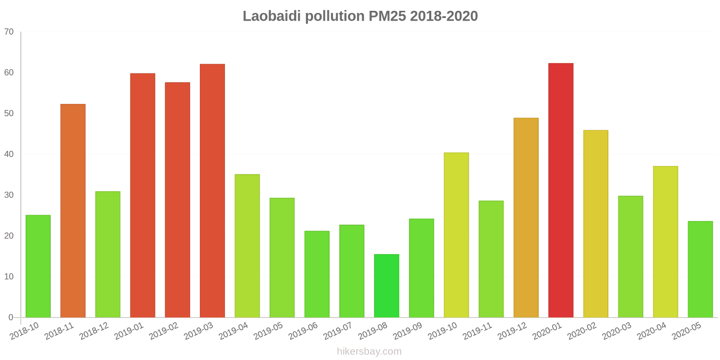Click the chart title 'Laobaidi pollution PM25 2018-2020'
click(x=360, y=16)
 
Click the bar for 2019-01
click(x=143, y=195)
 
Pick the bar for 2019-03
click(x=212, y=191)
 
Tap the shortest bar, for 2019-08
click(x=387, y=286)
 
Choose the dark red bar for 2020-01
click(x=561, y=190)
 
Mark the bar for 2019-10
click(x=456, y=235)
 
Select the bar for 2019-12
click(x=526, y=218)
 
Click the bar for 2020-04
click(x=665, y=242)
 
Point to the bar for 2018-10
click(x=38, y=266)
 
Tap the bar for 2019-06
click(x=317, y=274)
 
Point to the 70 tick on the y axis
click(x=9, y=32)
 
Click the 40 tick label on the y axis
click(x=9, y=154)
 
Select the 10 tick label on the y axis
click(x=9, y=277)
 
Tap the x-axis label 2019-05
click(x=269, y=331)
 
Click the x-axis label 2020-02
click(x=582, y=331)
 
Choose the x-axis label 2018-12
click(x=94, y=331)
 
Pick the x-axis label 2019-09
click(x=408, y=331)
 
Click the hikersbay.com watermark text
click(x=369, y=351)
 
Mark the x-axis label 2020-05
click(x=687, y=331)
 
